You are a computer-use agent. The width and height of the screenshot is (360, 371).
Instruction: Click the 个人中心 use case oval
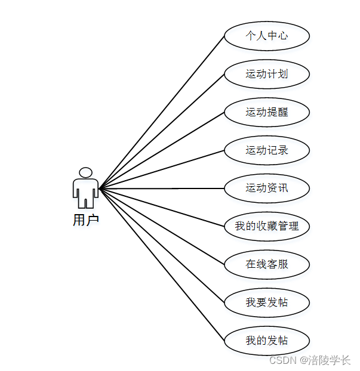(267, 36)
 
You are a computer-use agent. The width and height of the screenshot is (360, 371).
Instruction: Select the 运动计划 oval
(267, 74)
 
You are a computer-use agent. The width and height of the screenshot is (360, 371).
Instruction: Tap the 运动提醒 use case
(267, 112)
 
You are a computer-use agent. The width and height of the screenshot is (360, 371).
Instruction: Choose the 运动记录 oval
(267, 150)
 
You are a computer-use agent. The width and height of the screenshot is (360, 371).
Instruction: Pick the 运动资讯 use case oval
(267, 188)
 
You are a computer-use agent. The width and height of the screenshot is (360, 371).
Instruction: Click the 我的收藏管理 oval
(267, 227)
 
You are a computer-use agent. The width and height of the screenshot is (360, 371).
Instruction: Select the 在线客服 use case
(267, 264)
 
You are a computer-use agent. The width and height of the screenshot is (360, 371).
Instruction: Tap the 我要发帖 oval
(267, 302)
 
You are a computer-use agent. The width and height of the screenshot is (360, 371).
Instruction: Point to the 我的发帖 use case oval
(267, 341)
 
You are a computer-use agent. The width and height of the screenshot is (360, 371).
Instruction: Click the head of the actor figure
(85, 172)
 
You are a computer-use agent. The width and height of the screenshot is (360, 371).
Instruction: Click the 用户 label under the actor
(85, 220)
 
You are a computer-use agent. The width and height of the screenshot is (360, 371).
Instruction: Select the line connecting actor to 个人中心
(162, 112)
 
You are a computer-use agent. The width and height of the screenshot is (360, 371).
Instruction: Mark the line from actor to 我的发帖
(162, 264)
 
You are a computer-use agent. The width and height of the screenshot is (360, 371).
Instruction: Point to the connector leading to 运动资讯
(162, 188)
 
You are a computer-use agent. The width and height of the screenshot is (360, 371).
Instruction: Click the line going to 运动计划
(162, 131)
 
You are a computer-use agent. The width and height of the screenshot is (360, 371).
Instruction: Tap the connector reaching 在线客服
(162, 226)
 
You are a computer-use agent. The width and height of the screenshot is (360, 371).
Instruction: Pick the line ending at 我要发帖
(162, 245)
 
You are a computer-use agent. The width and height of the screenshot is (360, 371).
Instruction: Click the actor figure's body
(85, 190)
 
